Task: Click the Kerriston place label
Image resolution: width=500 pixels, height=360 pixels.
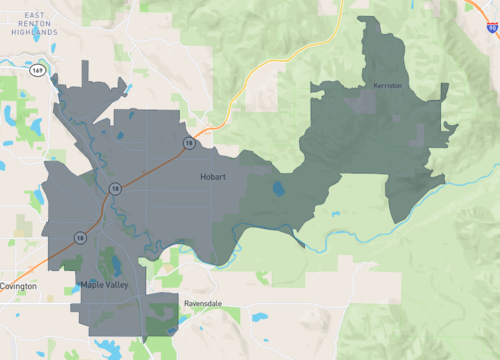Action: pos(387,86)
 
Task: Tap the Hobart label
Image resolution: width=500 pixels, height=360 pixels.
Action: pos(212,177)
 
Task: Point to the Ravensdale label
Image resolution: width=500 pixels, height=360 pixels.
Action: pos(203,301)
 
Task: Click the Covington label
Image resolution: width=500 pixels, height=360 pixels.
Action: pos(18,286)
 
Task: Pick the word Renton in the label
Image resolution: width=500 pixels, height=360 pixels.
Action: pos(41,22)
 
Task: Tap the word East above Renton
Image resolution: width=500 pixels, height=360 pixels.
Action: pos(40,12)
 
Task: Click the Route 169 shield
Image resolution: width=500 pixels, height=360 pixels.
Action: pos(37,70)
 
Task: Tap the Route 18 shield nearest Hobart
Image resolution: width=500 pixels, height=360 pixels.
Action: pos(187,144)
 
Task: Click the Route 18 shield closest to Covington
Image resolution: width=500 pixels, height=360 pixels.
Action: pos(79,238)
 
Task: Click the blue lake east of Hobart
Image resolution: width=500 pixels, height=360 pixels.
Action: pos(278,189)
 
